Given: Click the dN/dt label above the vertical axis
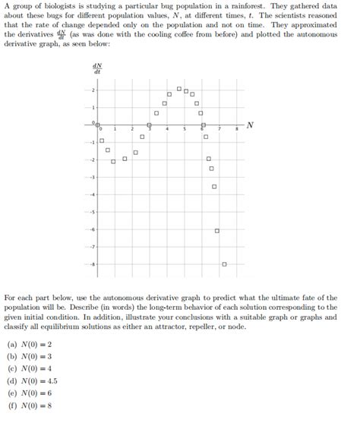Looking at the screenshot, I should [x=97, y=68].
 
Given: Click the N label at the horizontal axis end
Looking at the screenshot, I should [x=250, y=124].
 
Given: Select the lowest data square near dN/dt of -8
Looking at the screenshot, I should [x=224, y=264].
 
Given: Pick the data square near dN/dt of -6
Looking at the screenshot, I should [x=217, y=230].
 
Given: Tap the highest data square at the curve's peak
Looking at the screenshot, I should [x=179, y=89].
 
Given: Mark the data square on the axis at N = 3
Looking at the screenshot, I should [x=149, y=125].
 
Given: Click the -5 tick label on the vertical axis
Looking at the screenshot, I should [x=93, y=212].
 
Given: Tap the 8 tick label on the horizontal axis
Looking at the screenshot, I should [x=236, y=131].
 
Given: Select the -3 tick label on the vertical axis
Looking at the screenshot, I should [x=93, y=177].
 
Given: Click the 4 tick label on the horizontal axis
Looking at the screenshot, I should [x=167, y=131].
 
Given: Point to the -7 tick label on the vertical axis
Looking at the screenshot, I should [x=93, y=247].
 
